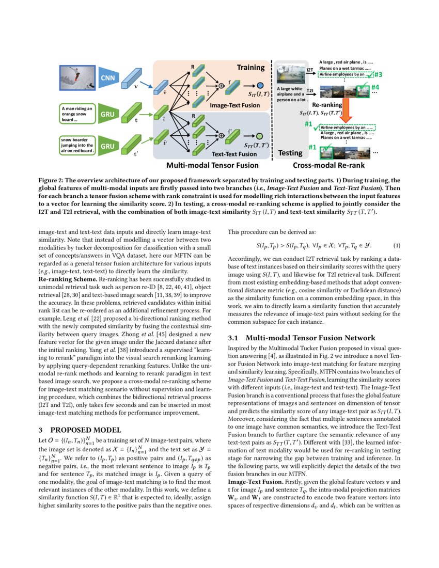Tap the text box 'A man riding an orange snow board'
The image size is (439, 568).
[x=76, y=114]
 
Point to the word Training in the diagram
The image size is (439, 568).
[x=250, y=67]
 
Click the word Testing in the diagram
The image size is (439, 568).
[x=290, y=153]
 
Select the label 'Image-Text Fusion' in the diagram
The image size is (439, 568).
[x=234, y=105]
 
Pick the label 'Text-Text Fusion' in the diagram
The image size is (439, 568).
[x=234, y=154]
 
